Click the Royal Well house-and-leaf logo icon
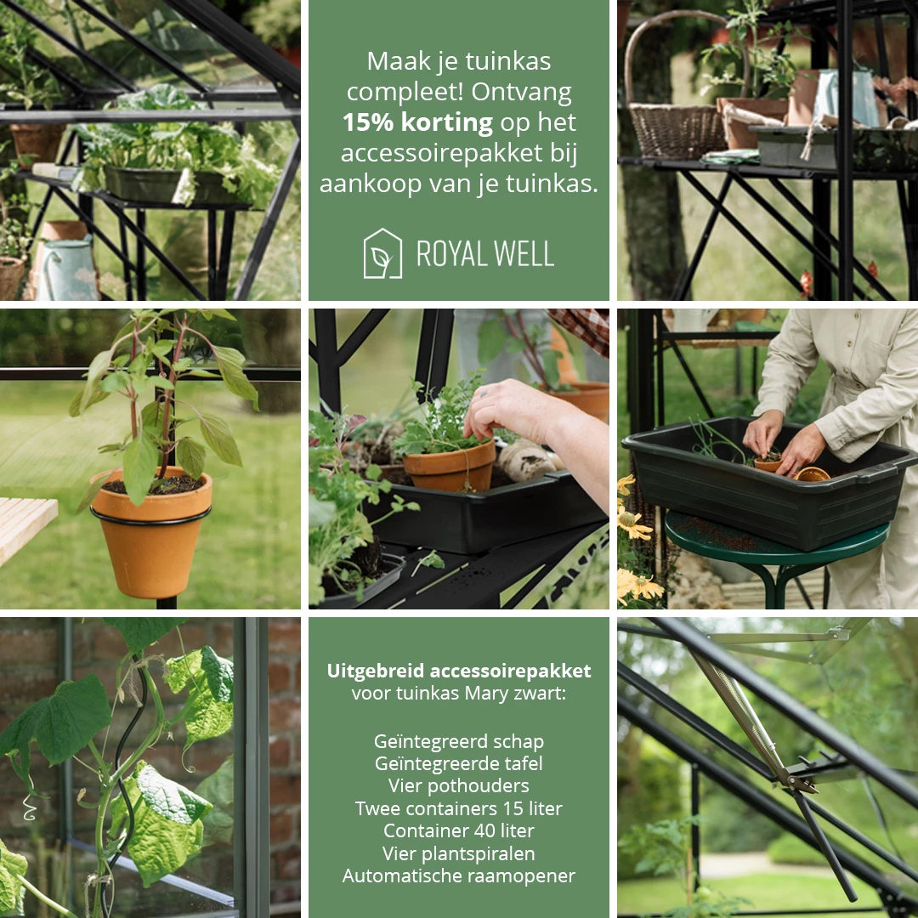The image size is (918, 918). [x=382, y=253]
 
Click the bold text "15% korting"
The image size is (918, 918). [x=417, y=122]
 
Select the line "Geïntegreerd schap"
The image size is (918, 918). [x=459, y=741]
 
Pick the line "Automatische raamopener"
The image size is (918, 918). [x=459, y=875]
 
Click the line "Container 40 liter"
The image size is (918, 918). [x=459, y=830]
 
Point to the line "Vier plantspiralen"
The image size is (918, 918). [x=459, y=853]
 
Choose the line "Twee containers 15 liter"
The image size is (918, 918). [x=459, y=808]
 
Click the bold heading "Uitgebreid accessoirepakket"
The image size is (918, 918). [x=459, y=671]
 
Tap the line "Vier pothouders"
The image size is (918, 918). [x=459, y=785]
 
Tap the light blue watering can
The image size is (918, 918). [x=68, y=269]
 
